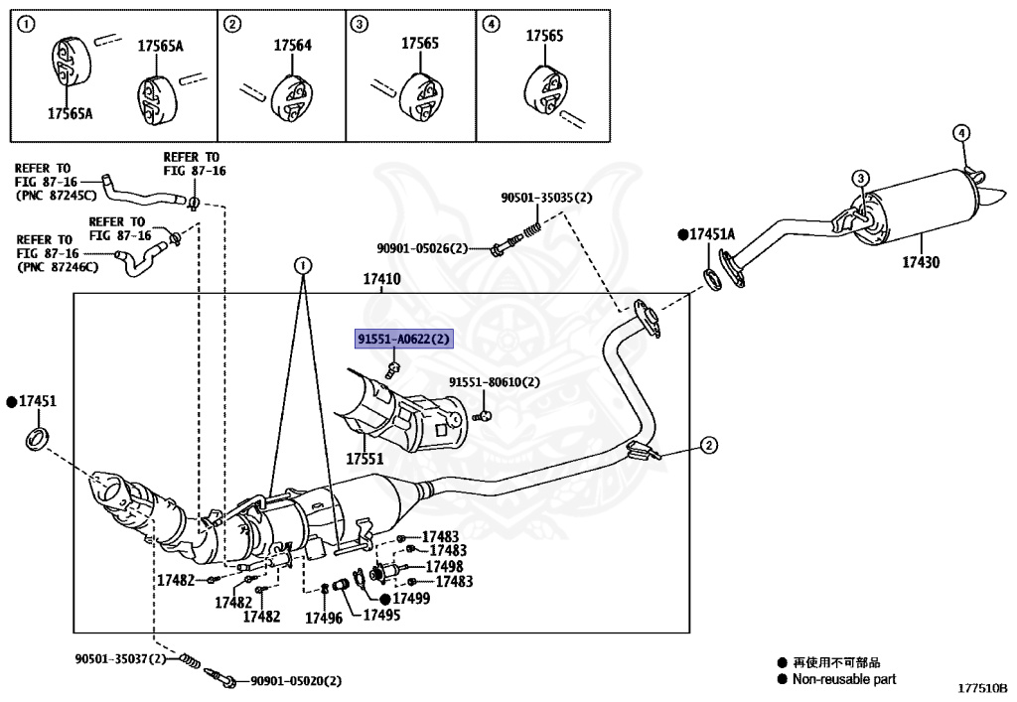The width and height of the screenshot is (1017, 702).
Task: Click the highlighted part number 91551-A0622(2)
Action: click(x=404, y=340)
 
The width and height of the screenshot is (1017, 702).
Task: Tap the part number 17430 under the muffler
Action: click(x=921, y=262)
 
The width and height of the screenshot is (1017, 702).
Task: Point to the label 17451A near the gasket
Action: click(x=713, y=234)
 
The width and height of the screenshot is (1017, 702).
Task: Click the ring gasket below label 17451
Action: click(x=37, y=437)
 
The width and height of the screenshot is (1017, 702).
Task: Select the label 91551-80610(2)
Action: click(x=494, y=382)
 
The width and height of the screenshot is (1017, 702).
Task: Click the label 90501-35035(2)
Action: click(x=546, y=198)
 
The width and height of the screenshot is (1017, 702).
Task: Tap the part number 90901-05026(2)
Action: click(x=422, y=248)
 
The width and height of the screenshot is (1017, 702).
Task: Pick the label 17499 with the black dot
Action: click(x=410, y=599)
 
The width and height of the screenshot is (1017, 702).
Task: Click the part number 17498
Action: click(x=444, y=566)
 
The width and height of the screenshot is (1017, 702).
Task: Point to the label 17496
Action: click(x=323, y=618)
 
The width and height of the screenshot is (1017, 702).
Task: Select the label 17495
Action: click(x=381, y=616)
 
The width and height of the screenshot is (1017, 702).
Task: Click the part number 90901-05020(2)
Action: click(x=296, y=680)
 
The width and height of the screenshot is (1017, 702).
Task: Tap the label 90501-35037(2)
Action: click(x=121, y=658)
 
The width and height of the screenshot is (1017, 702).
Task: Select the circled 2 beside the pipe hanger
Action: click(x=708, y=446)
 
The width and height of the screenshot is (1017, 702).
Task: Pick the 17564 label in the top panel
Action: click(x=293, y=45)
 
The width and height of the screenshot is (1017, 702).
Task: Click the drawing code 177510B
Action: click(x=981, y=687)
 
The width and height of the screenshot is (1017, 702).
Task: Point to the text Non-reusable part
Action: click(x=843, y=679)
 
